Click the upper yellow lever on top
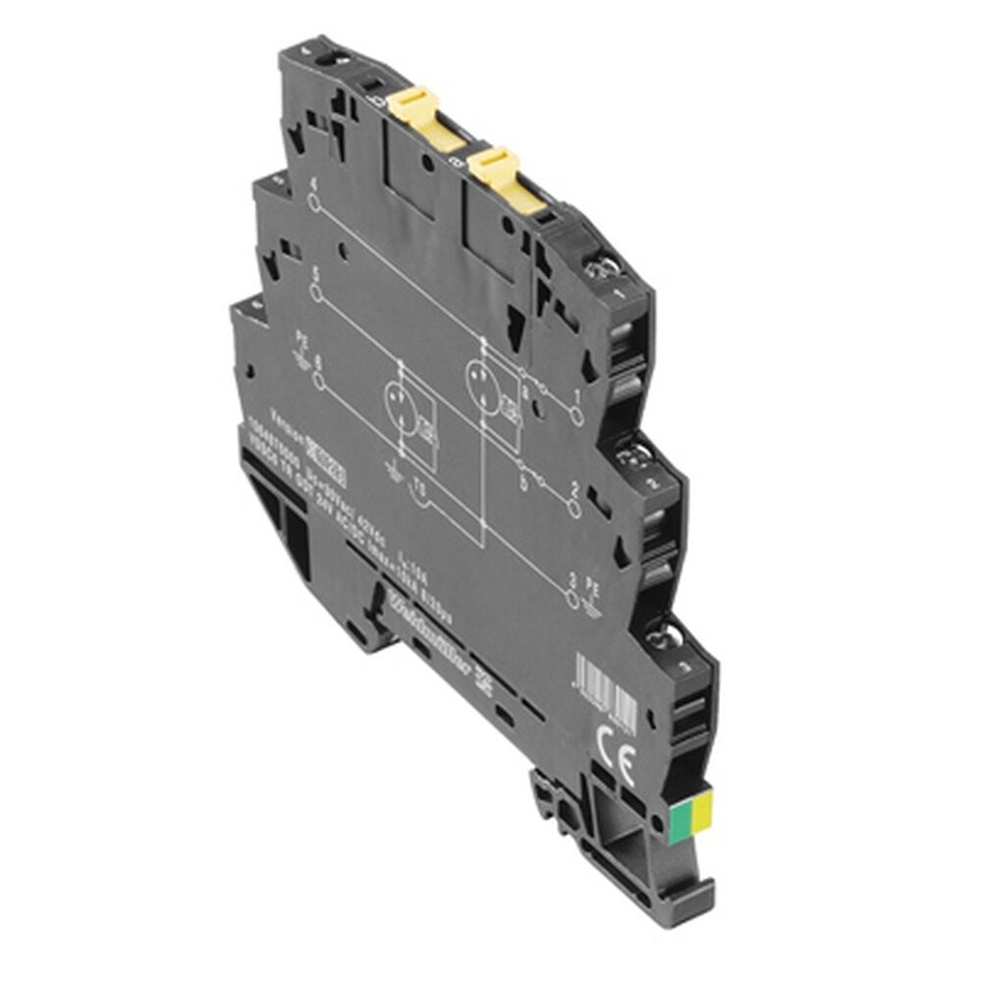413,106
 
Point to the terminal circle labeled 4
314,203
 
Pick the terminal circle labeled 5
316,292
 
